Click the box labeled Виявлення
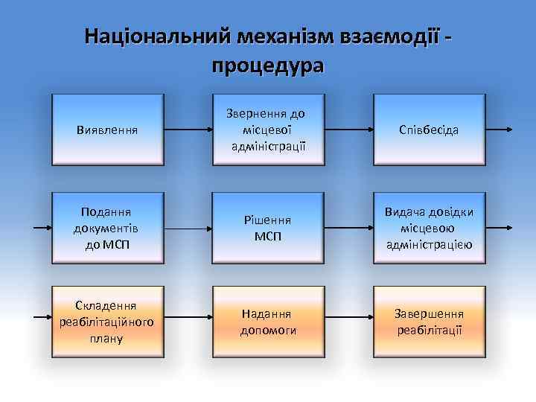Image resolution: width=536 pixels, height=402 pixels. click(x=107, y=130)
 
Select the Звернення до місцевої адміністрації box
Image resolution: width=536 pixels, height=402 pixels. click(x=268, y=130)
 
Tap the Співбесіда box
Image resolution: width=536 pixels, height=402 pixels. click(x=430, y=130)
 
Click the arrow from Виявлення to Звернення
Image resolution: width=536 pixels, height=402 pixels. click(x=188, y=130)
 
